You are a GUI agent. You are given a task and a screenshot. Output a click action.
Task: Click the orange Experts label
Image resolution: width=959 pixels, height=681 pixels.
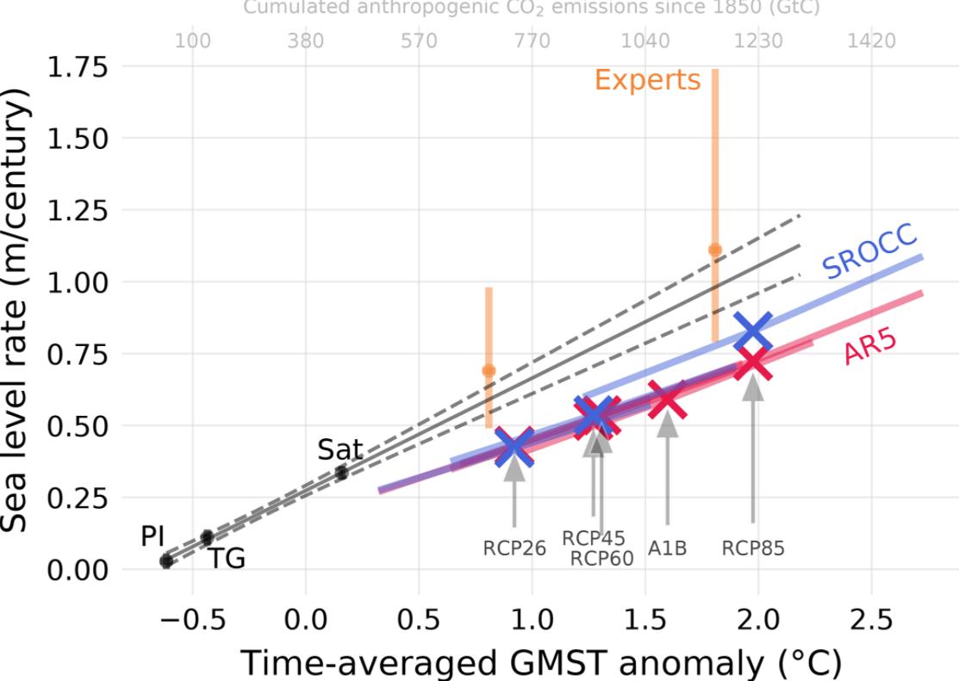click(647, 80)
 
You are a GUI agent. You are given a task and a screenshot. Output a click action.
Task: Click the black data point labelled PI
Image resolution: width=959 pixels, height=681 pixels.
click(166, 561)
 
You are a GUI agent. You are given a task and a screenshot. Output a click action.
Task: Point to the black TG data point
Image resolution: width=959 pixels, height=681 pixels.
click(207, 537)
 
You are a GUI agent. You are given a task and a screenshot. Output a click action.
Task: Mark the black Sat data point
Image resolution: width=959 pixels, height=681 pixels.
click(342, 472)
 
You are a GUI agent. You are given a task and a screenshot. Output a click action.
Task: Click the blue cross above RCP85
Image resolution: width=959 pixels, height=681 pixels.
click(754, 331)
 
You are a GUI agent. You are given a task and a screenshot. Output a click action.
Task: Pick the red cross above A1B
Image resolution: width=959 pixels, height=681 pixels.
click(667, 400)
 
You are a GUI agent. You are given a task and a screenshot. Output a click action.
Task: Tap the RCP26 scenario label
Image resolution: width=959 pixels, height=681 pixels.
click(514, 548)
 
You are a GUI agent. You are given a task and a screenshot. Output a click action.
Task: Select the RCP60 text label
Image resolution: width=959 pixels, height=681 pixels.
click(601, 559)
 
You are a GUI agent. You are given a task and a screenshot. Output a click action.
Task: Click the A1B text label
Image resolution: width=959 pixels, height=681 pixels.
click(668, 548)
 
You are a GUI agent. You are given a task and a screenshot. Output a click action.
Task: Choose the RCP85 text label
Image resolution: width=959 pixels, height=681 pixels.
click(754, 548)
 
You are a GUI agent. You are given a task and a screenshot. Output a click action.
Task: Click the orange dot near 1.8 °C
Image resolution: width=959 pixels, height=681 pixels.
click(714, 250)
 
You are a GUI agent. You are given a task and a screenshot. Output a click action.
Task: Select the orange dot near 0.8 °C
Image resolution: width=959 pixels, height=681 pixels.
click(489, 370)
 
